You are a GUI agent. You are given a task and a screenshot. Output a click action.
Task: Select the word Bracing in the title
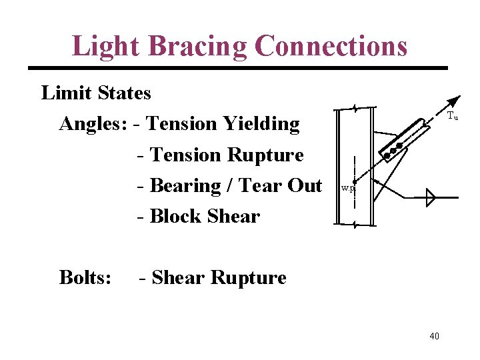click(x=201, y=46)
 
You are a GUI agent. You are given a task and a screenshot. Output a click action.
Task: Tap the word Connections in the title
click(x=331, y=46)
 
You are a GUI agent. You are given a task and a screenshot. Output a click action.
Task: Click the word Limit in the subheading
click(x=65, y=93)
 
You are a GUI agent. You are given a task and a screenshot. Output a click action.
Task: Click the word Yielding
click(x=261, y=124)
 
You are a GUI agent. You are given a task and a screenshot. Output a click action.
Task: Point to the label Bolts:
click(x=85, y=277)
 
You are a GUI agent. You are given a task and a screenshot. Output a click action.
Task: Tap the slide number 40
click(x=434, y=336)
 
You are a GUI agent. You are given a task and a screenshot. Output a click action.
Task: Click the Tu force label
click(x=452, y=116)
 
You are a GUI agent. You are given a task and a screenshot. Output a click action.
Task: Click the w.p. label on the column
click(x=348, y=189)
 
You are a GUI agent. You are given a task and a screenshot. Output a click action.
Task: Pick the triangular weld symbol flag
click(x=430, y=197)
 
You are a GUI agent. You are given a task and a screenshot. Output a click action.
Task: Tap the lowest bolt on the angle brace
click(x=387, y=157)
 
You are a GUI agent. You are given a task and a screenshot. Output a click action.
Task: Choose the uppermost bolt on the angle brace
click(x=399, y=145)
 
